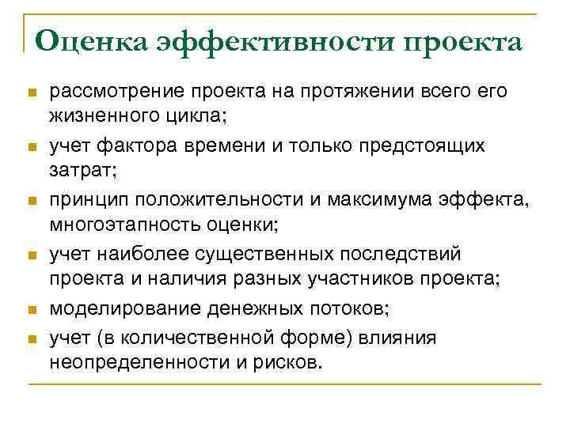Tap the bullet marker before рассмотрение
click(x=32, y=93)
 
